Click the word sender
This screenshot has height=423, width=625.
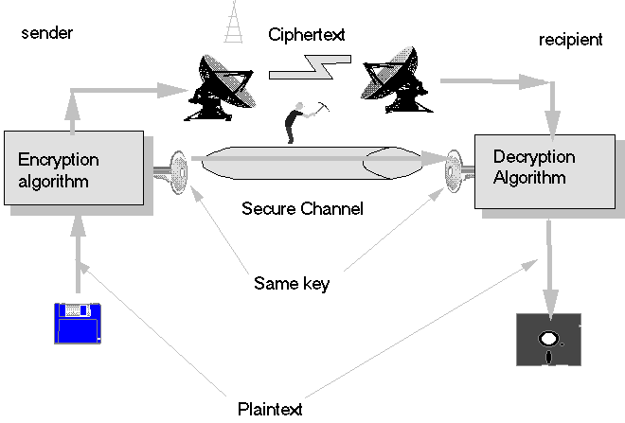46,34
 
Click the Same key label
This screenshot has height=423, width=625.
292,282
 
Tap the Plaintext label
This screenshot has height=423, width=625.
270,409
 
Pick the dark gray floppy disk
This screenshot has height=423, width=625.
546,339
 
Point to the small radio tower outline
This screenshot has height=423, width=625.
233,23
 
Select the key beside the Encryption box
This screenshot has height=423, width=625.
171,170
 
